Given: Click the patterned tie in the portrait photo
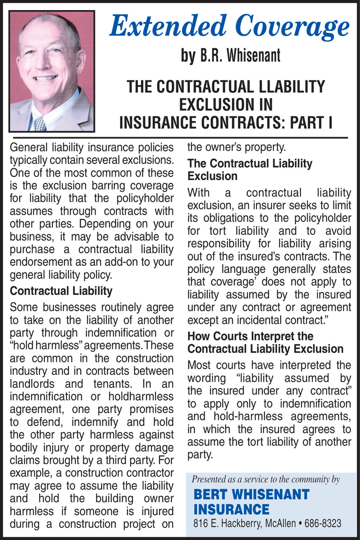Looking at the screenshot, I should tap(40, 123).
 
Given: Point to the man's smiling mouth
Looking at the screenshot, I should tap(45, 78).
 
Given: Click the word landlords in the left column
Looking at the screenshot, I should tap(32, 384).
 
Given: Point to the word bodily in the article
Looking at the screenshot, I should tap(22, 447).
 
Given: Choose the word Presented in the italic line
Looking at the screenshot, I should tap(208, 479).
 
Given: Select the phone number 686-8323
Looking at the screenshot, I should tap(323, 523).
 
